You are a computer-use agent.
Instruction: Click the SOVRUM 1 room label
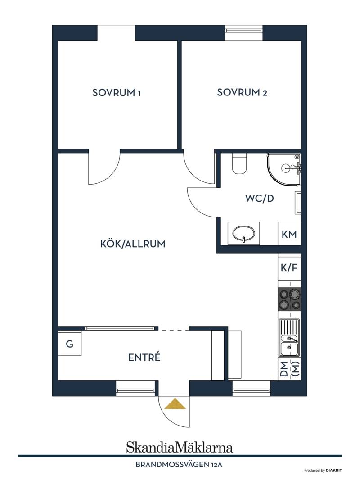tap(117, 93)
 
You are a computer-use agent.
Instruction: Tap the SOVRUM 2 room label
tap(242, 92)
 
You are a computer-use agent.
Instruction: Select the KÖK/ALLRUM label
tap(133, 244)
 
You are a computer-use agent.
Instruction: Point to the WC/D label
tap(259, 199)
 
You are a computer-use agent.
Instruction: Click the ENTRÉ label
tap(144, 358)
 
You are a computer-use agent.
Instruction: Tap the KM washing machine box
tap(289, 234)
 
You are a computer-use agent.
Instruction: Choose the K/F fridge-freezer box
tap(289, 268)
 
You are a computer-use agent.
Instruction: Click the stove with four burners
tap(289, 299)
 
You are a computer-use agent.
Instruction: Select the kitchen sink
tap(289, 338)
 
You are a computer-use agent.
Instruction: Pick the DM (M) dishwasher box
tap(290, 369)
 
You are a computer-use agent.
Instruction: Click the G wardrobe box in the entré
tap(69, 343)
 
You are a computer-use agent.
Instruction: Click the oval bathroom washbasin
tap(243, 234)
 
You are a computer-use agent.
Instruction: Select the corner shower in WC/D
tap(284, 169)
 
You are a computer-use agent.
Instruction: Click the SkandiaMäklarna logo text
tap(180, 447)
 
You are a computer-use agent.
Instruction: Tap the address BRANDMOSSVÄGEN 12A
tap(179, 465)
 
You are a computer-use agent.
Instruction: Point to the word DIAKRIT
tap(333, 471)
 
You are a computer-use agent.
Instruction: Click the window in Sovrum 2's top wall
tap(244, 32)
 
